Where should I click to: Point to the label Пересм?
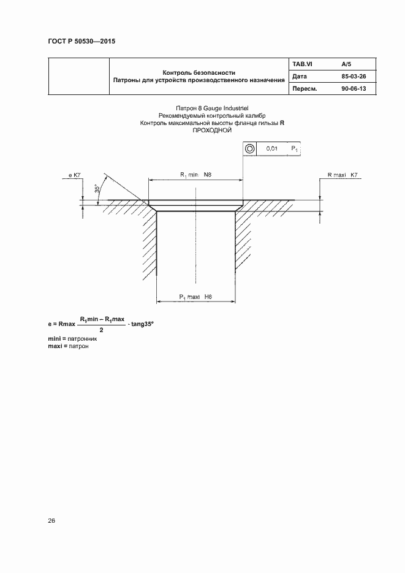tap(305, 89)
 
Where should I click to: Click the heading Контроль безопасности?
tap(199, 72)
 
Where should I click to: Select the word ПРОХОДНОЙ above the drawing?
tap(211, 130)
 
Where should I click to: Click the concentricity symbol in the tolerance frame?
tap(249, 149)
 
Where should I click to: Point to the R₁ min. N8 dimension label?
tap(195, 175)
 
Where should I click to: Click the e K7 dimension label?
tap(75, 175)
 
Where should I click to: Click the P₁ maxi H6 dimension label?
tap(195, 297)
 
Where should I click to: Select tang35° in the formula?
tap(142, 324)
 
